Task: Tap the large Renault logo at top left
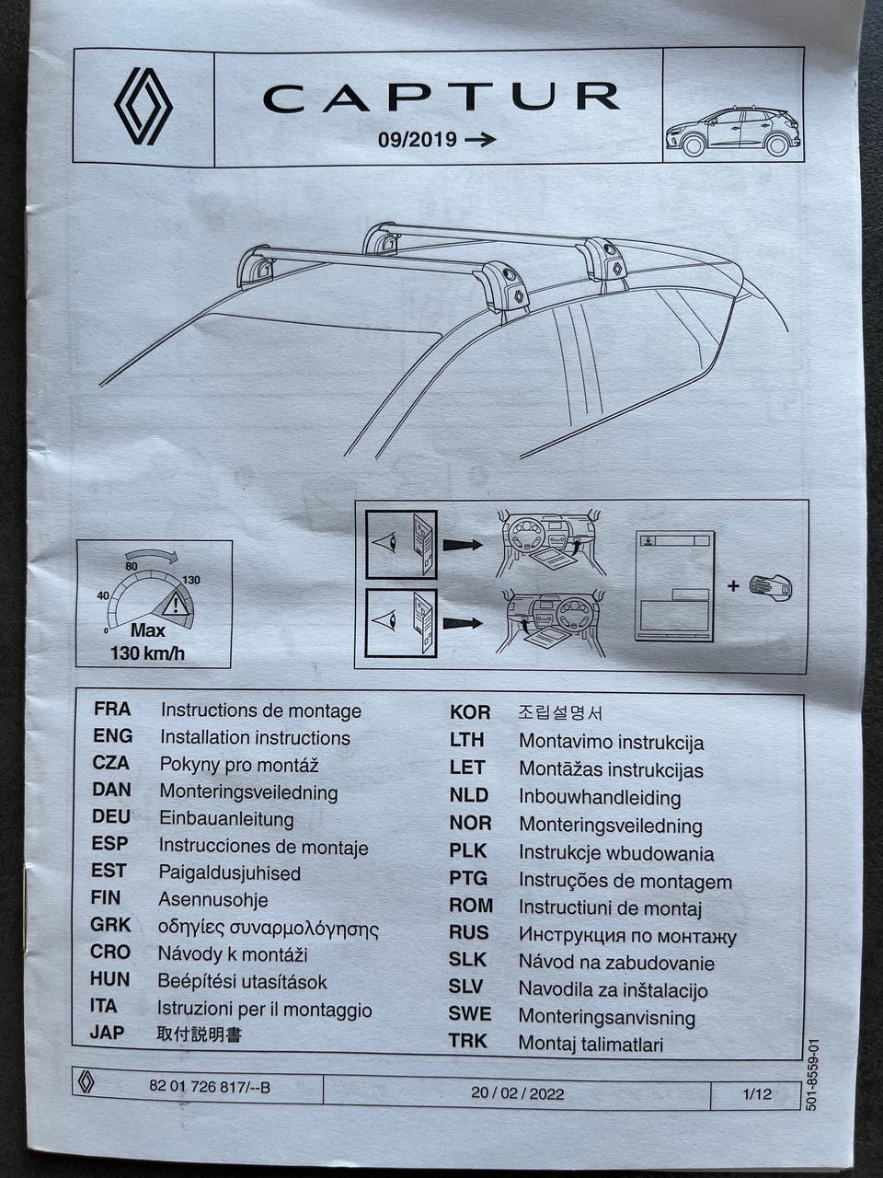(143, 107)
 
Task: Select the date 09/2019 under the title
(417, 141)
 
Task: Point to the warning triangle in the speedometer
(173, 604)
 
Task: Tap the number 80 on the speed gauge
(132, 566)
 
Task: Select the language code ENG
(112, 736)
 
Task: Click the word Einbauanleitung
(226, 818)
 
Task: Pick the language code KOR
(470, 712)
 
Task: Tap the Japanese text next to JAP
(200, 1034)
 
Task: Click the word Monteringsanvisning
(607, 1017)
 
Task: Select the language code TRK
(468, 1042)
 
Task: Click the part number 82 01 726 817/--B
(210, 1087)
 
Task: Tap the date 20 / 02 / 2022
(518, 1093)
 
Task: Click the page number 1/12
(757, 1094)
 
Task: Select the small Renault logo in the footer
(86, 1083)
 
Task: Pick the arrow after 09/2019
(481, 140)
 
